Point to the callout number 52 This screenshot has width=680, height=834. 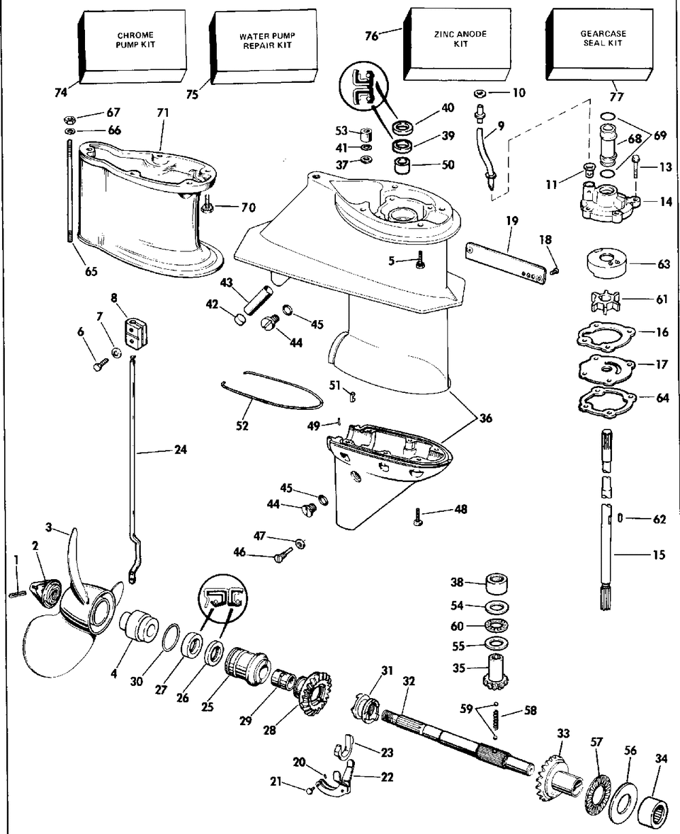(242, 426)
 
